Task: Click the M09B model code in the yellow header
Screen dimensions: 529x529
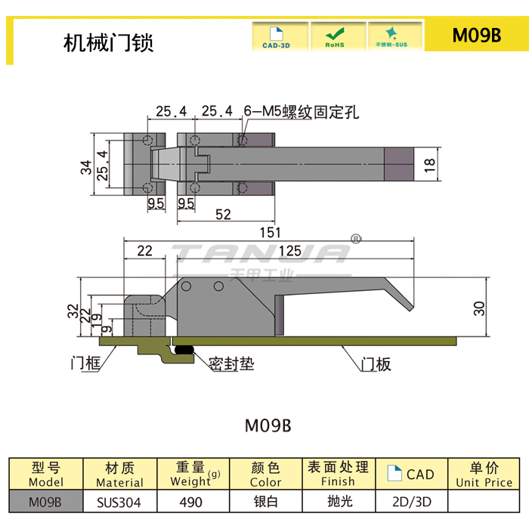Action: coord(476,36)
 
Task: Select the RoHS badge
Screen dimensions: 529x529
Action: coord(334,36)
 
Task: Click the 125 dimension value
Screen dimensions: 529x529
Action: coord(289,250)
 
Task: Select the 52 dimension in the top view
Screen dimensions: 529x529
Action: coord(222,214)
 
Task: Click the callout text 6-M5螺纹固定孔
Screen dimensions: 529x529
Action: coord(301,113)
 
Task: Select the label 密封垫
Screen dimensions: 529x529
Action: coord(231,364)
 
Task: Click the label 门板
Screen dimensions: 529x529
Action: coord(376,364)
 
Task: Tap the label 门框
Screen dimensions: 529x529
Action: coord(85,364)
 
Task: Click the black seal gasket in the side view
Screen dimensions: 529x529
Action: coord(184,349)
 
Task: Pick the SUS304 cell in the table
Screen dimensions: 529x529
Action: coord(119,501)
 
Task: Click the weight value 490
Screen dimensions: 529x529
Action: coord(191,501)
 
